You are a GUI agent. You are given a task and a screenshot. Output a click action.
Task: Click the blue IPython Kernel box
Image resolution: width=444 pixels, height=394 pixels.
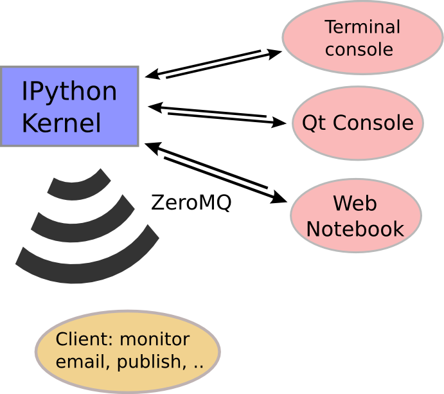[x=69, y=106]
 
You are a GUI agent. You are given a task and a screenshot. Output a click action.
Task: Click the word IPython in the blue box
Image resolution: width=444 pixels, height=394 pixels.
[x=69, y=92]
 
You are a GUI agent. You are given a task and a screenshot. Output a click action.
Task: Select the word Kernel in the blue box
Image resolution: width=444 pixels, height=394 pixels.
[x=62, y=123]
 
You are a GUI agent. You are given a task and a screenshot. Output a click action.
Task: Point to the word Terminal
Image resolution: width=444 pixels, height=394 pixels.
[x=362, y=28]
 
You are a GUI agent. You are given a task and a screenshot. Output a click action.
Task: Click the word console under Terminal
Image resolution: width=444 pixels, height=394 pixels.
[x=359, y=49]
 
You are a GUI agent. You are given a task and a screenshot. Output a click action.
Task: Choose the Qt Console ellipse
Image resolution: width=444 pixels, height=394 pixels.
[x=358, y=123]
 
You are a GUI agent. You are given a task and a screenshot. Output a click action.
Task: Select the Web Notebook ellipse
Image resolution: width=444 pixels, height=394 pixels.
[x=355, y=216]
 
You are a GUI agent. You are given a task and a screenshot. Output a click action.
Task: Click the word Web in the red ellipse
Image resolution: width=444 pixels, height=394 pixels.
[x=355, y=204]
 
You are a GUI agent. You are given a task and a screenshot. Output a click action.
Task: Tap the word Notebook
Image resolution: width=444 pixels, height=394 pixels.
[x=355, y=229]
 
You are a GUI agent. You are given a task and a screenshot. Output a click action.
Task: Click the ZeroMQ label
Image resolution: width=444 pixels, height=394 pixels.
[x=191, y=203]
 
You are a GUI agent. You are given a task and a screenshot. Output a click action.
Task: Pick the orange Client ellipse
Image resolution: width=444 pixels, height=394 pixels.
[x=127, y=351]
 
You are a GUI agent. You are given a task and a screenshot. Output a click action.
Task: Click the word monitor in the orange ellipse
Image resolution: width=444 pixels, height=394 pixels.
[x=155, y=340]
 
